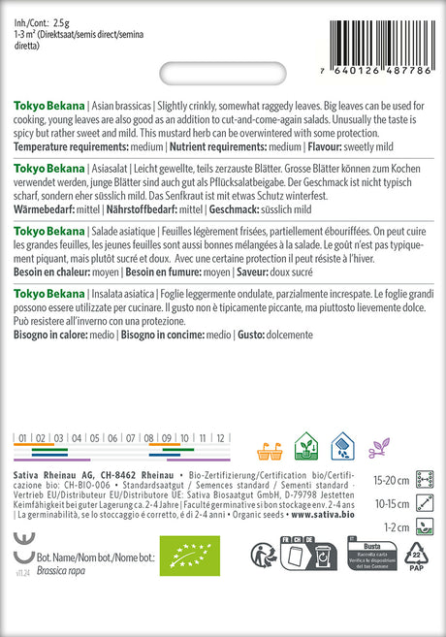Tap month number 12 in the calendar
[221, 438]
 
